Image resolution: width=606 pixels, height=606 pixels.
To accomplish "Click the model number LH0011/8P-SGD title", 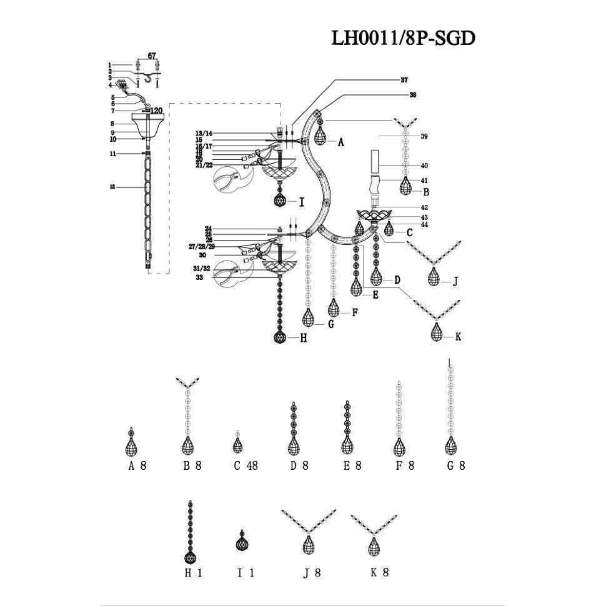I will click(x=403, y=38).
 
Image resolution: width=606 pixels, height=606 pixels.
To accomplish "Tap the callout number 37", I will click(x=404, y=80).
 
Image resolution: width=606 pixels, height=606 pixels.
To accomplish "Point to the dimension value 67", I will click(x=151, y=56).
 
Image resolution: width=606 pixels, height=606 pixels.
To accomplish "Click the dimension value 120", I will click(x=156, y=111).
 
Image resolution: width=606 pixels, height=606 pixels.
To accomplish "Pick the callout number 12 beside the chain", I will click(x=112, y=187).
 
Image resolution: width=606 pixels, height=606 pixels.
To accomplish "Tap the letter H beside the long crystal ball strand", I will click(x=303, y=338).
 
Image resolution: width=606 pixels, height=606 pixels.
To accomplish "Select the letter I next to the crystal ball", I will click(x=302, y=202).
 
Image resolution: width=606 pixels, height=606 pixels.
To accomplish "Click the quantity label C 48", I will click(x=246, y=465).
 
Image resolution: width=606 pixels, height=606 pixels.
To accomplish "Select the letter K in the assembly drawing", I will click(x=458, y=337).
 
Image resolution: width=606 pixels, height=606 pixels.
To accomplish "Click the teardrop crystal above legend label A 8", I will click(x=131, y=445).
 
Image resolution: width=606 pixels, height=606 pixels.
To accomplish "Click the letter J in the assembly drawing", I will click(x=455, y=282).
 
